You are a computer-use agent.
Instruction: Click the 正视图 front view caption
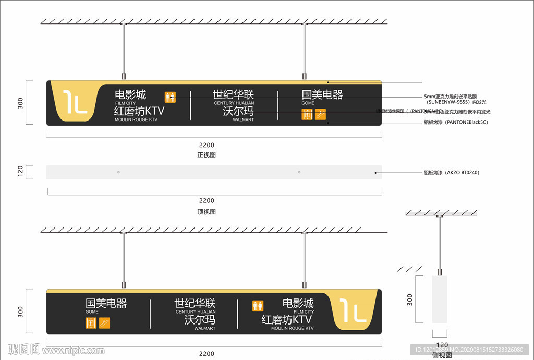coord(207,155)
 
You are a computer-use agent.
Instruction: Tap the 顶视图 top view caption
coord(207,212)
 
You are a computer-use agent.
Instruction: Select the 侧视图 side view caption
coord(442,355)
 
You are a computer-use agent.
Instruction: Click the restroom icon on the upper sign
coord(170,97)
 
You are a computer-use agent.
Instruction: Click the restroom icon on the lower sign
coord(258,306)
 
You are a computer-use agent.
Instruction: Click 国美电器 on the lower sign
coord(106,303)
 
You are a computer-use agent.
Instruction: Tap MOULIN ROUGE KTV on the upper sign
coord(136,120)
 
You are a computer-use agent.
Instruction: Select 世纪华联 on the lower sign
coord(195,303)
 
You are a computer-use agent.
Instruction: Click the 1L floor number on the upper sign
coord(75,102)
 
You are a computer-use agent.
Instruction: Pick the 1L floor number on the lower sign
coord(353,311)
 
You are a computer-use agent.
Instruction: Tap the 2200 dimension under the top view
coord(207,200)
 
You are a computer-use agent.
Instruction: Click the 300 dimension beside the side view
coord(410,300)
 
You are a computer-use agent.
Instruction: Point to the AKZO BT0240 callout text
coord(452,172)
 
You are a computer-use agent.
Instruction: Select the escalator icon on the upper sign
coord(320,114)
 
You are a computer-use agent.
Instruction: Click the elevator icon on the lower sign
coord(91,323)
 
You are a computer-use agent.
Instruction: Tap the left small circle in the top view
coord(118,172)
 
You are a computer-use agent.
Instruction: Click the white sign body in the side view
coord(440,305)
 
